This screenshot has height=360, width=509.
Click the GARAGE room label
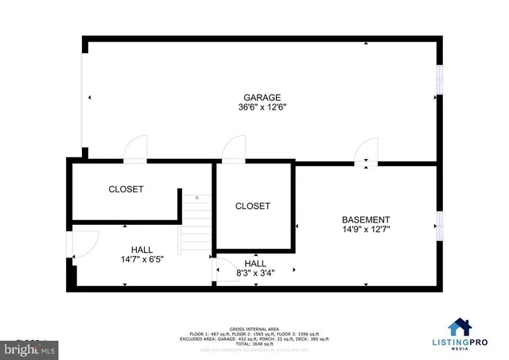click(262, 98)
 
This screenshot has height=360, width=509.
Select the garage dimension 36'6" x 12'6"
click(262, 107)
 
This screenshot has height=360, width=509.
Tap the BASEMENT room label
click(366, 220)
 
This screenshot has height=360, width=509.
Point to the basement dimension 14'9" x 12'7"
click(366, 230)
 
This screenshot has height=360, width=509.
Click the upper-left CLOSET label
click(126, 189)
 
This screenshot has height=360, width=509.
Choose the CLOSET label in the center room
click(253, 206)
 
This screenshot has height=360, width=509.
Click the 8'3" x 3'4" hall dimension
click(254, 273)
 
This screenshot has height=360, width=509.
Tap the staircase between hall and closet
click(194, 226)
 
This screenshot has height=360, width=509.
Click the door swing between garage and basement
click(367, 151)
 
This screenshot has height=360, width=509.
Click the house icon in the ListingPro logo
click(460, 327)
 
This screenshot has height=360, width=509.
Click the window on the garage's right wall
click(438, 79)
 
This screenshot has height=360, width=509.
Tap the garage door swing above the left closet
click(136, 149)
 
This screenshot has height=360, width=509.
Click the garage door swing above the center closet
click(233, 149)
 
